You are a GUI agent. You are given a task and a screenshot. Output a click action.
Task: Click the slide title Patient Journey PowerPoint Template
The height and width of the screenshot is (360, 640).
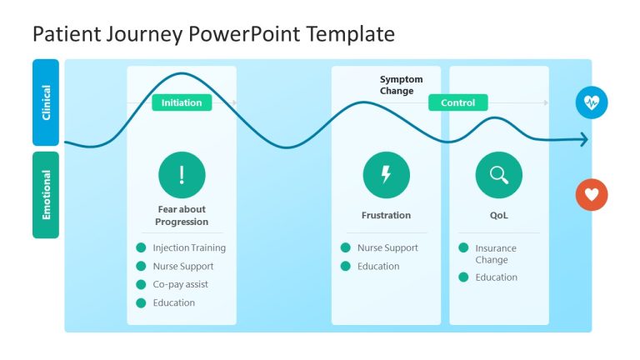(212, 34)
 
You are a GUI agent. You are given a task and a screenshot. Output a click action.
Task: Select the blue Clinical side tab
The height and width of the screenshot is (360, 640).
(46, 102)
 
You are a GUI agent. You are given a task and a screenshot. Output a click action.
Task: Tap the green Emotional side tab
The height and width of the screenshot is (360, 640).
(46, 195)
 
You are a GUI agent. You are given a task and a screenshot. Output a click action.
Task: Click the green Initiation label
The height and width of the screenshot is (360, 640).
(182, 102)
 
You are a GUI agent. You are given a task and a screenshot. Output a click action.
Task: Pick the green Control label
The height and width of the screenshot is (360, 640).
(457, 102)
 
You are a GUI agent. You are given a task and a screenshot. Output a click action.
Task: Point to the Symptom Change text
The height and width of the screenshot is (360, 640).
(401, 85)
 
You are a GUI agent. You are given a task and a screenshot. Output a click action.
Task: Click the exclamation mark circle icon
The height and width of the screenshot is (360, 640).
(182, 175)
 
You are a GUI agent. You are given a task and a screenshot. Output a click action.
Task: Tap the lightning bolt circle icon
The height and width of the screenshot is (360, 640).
(386, 175)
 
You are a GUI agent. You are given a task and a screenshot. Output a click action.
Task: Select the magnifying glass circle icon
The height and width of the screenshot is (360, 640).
(498, 175)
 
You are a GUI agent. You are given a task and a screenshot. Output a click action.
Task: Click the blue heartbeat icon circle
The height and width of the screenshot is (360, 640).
(592, 102)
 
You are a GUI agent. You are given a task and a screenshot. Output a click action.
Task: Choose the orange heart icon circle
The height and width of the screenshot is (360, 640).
(592, 195)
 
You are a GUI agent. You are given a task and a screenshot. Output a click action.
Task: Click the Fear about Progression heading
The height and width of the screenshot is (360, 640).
(182, 216)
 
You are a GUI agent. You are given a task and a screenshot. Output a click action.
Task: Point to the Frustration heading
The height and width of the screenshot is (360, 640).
(386, 215)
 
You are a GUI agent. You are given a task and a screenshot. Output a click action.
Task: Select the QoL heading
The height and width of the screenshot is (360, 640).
(498, 215)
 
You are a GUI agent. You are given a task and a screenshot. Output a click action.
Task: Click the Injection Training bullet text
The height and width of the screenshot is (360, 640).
(189, 247)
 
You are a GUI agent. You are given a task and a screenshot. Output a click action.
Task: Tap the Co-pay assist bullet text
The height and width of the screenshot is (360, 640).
(180, 284)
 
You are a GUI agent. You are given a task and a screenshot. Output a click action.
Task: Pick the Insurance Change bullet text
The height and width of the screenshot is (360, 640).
(496, 253)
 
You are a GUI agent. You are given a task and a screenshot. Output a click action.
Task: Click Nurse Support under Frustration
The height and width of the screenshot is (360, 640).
(387, 247)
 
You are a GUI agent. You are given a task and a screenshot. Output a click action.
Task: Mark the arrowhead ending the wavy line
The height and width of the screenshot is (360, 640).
(584, 140)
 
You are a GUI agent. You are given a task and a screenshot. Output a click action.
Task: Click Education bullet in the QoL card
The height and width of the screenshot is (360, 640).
(496, 277)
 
